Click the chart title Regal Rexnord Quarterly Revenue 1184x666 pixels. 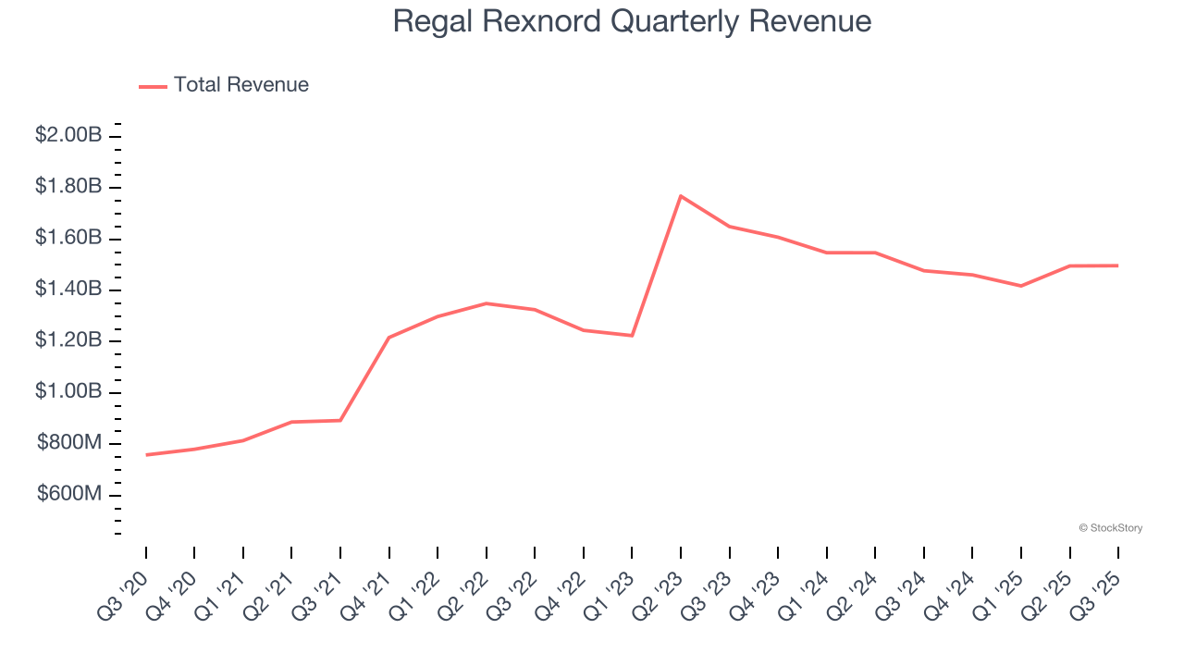pyautogui.click(x=632, y=21)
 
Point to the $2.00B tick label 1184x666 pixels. pyautogui.click(x=68, y=135)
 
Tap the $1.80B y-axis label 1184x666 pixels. pyautogui.click(x=68, y=187)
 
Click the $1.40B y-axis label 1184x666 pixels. pyautogui.click(x=68, y=290)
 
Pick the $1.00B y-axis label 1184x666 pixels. pyautogui.click(x=68, y=392)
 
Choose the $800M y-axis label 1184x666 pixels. pyautogui.click(x=69, y=443)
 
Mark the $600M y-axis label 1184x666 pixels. pyautogui.click(x=69, y=494)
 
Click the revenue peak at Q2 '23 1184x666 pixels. pyautogui.click(x=681, y=196)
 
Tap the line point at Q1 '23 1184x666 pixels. pyautogui.click(x=632, y=335)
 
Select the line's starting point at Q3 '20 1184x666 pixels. pyautogui.click(x=146, y=454)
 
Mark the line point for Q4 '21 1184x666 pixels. pyautogui.click(x=389, y=338)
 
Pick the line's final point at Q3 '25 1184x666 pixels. pyautogui.click(x=1117, y=265)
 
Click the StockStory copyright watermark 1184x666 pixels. pyautogui.click(x=1110, y=528)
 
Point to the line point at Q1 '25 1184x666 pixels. pyautogui.click(x=1021, y=286)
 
